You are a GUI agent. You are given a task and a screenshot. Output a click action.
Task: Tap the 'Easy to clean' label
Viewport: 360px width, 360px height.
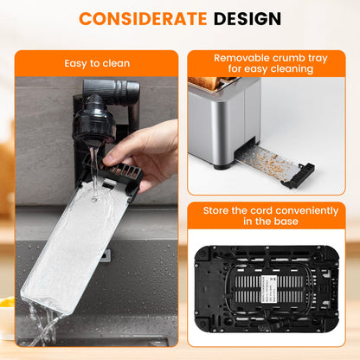[96, 63]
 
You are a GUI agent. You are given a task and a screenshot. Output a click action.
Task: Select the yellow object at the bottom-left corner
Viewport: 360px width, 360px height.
[7, 304]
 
